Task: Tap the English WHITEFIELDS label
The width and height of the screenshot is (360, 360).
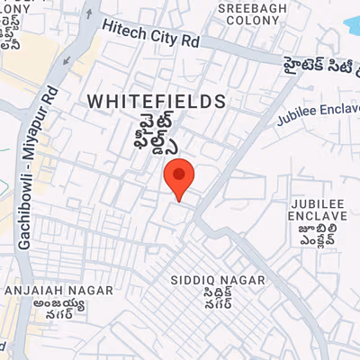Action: [157, 103]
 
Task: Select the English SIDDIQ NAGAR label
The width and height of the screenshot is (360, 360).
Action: [219, 280]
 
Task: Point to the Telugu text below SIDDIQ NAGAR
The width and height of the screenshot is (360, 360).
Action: [219, 300]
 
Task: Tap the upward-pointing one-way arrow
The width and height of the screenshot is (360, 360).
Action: [88, 13]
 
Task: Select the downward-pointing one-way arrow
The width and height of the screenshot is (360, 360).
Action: [66, 59]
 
